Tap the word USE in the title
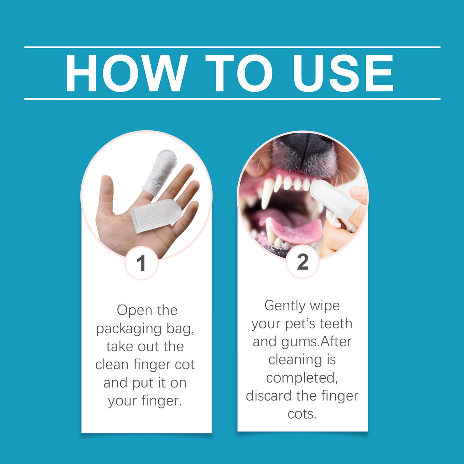point(343,73)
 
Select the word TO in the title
point(238,73)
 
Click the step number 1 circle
point(141,263)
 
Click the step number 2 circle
point(302,262)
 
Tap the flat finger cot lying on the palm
point(155,215)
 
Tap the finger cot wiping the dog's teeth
point(336,199)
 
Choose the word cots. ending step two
point(302,414)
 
